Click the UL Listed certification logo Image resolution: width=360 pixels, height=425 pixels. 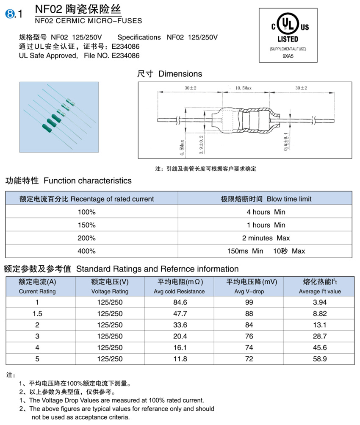point(288,27)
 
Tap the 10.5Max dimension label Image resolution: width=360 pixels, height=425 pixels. point(244,88)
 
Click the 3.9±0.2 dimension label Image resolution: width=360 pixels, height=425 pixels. point(202,144)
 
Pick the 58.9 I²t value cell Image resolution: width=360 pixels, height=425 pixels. point(319,359)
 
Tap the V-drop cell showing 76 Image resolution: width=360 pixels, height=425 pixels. point(249,336)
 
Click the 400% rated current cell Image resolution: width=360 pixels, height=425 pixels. point(86,251)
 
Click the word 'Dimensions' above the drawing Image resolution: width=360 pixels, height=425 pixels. point(180,74)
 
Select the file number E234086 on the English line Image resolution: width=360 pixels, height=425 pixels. point(125,56)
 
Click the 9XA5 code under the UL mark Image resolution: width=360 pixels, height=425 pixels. point(288,56)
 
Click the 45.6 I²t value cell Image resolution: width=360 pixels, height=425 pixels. point(319,347)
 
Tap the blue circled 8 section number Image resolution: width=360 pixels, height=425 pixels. point(9,14)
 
